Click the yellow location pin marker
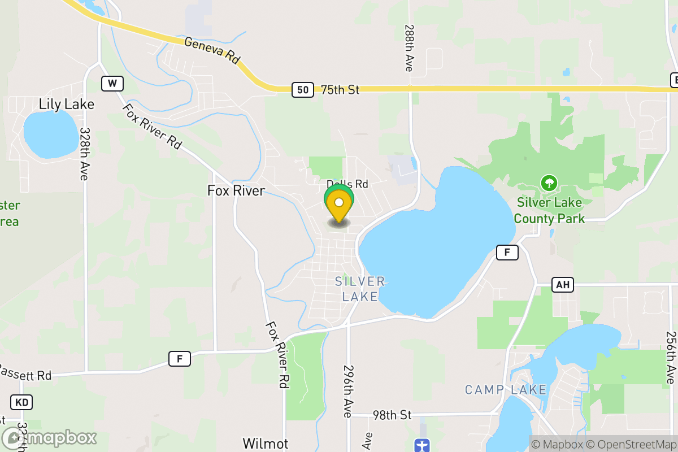pos(339,207)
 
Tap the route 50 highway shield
pos(303,89)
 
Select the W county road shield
pos(112,84)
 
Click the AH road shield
pos(562,285)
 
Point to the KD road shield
pos(21,402)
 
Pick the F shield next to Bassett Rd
pos(179,358)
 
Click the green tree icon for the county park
pos(549,183)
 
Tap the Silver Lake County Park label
pos(549,210)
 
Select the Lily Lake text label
pos(67,105)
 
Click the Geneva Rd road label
pos(212,50)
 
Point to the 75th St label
pos(340,90)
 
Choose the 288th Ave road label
pos(409,47)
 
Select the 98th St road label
pos(392,415)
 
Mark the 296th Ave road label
pos(347,390)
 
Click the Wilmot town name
pos(266,443)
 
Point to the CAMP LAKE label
pos(506,390)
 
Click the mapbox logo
pos(50,438)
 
